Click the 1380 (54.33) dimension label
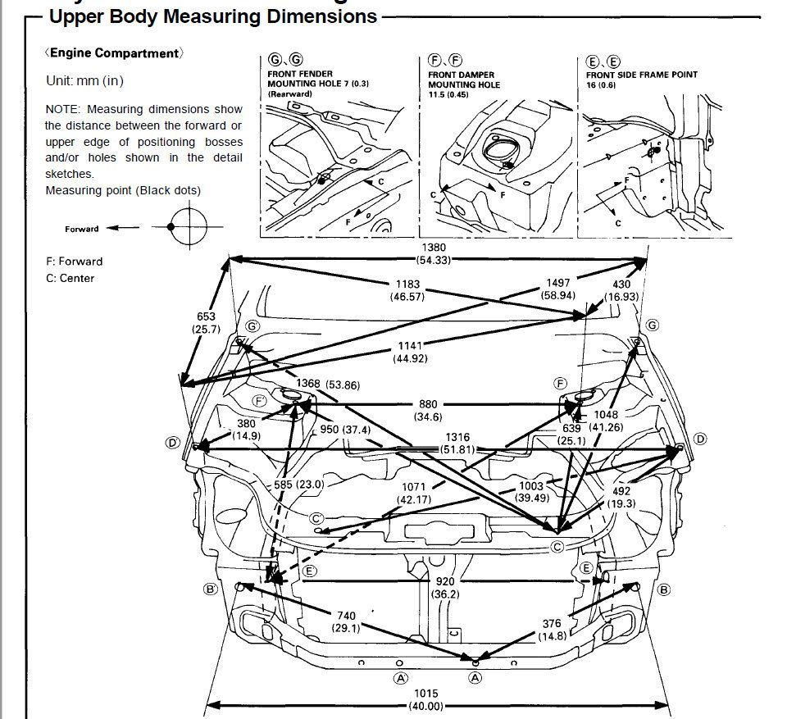click(434, 253)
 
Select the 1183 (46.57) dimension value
click(407, 290)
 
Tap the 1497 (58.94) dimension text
click(557, 289)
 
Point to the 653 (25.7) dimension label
click(206, 323)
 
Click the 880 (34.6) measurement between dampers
click(428, 410)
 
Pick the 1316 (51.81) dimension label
click(457, 443)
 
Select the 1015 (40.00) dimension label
click(426, 699)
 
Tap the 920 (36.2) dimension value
click(445, 588)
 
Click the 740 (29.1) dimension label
click(346, 621)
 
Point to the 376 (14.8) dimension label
click(552, 630)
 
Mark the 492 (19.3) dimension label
click(621, 497)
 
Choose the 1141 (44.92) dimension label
click(410, 352)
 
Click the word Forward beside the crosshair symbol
click(82, 229)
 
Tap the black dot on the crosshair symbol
click(171, 227)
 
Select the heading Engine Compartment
click(115, 53)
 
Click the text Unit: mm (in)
click(84, 81)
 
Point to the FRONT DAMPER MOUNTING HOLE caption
click(464, 80)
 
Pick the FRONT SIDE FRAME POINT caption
click(642, 75)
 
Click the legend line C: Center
click(70, 278)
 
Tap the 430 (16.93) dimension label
click(621, 290)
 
